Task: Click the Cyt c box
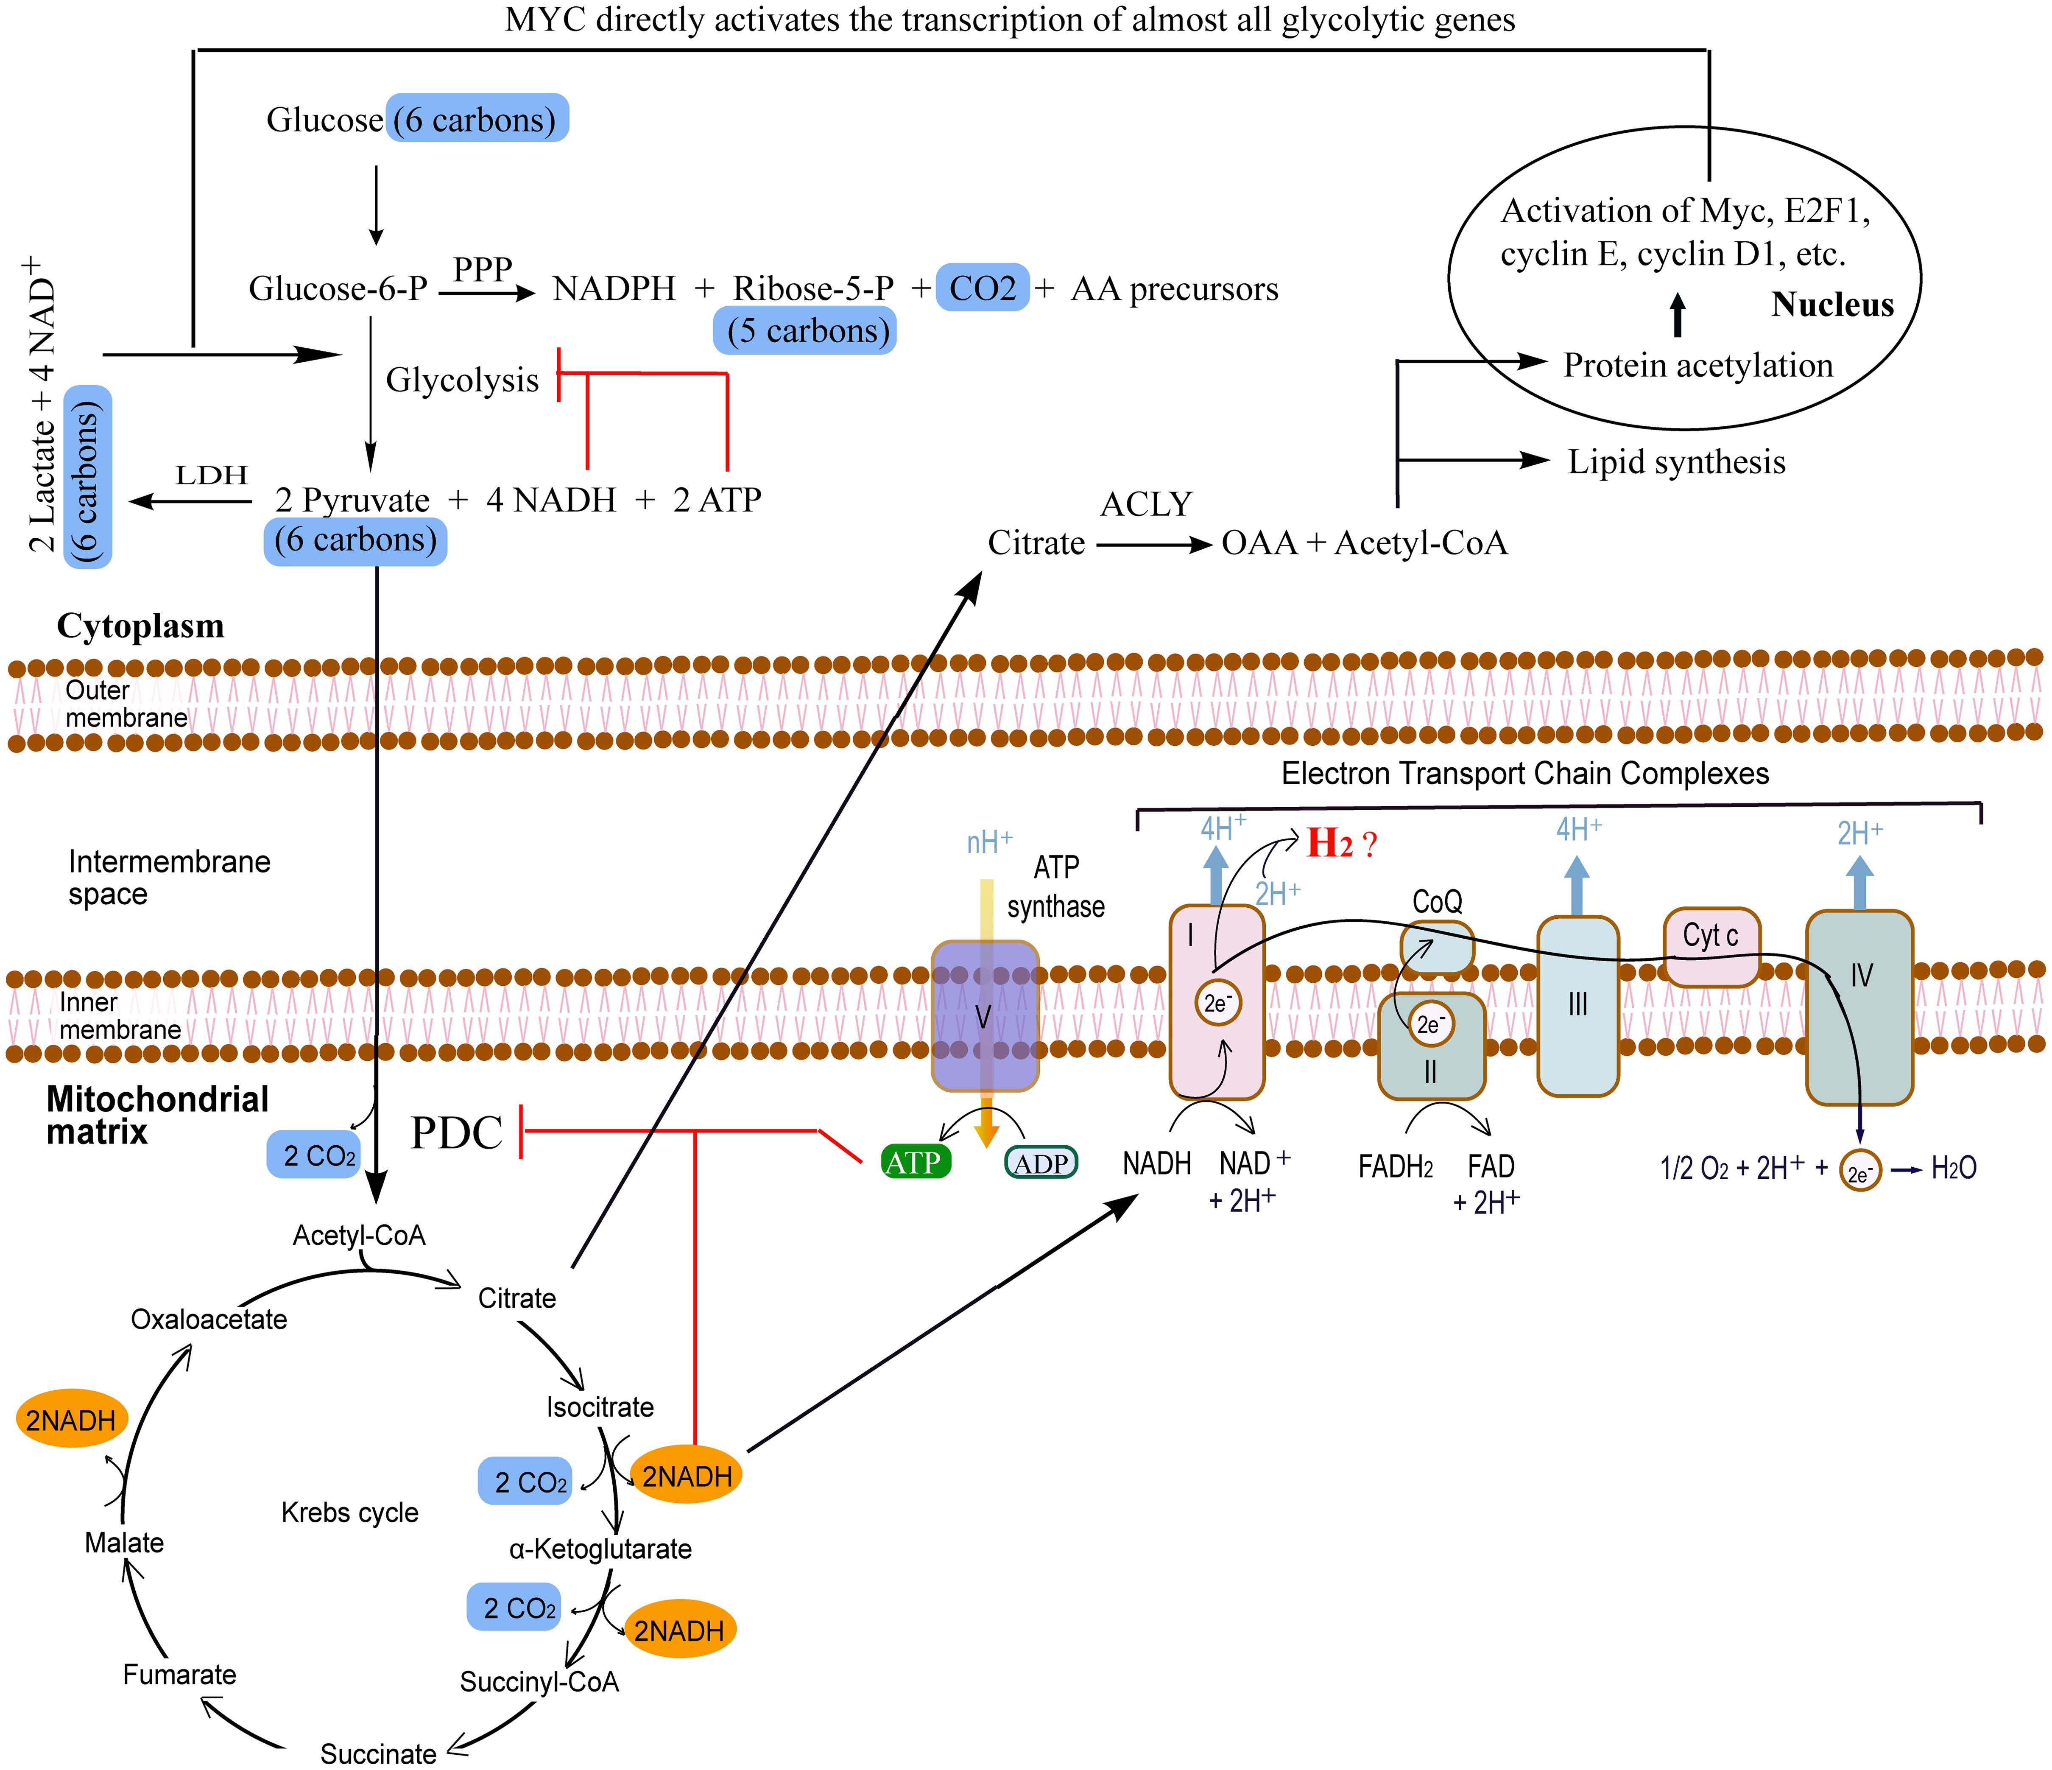coord(1710,936)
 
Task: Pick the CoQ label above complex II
coord(1437,901)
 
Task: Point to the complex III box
coord(1577,1005)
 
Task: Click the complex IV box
coord(1859,1005)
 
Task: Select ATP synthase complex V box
coord(984,1015)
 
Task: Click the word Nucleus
coord(1832,305)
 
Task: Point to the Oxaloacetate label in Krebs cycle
coord(209,1319)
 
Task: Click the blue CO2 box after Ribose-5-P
coord(983,288)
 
